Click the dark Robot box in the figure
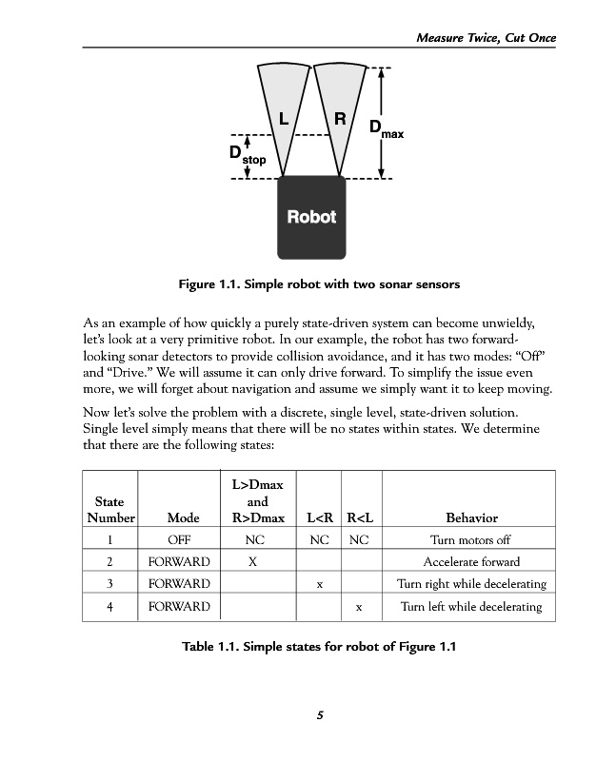click(x=311, y=217)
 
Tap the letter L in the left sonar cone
click(x=283, y=119)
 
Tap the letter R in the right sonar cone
click(x=340, y=119)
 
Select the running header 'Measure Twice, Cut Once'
click(x=486, y=37)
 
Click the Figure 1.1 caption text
click(x=307, y=283)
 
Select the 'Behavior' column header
click(x=472, y=518)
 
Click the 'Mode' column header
click(x=183, y=518)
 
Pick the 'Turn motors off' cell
click(x=471, y=540)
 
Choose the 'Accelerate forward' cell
click(x=471, y=562)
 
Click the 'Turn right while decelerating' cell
click(x=471, y=584)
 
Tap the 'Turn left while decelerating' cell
click(x=471, y=607)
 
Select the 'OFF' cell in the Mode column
click(x=183, y=540)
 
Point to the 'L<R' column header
click(x=319, y=518)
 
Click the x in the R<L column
click(x=358, y=607)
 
